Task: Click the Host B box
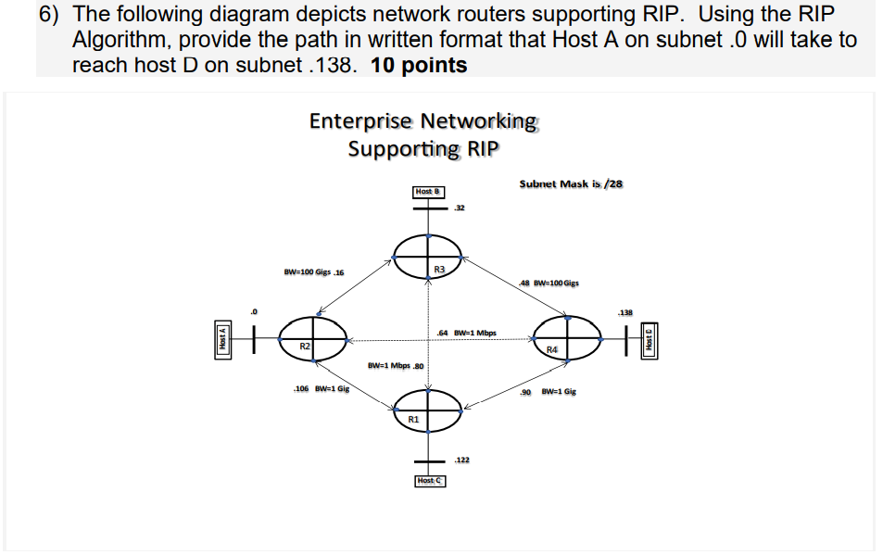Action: click(428, 192)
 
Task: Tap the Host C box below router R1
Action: click(430, 481)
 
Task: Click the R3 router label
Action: click(439, 269)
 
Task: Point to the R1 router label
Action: click(413, 420)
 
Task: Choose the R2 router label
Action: click(305, 346)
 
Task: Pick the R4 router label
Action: click(552, 349)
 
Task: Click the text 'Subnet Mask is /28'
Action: click(571, 183)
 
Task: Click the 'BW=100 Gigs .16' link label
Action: click(313, 272)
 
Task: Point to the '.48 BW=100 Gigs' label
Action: click(549, 283)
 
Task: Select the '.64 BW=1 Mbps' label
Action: click(466, 333)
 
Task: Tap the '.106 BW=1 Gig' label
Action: click(321, 389)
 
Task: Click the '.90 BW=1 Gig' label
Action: click(549, 392)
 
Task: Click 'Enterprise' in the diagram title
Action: click(360, 121)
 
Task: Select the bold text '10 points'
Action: click(418, 65)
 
